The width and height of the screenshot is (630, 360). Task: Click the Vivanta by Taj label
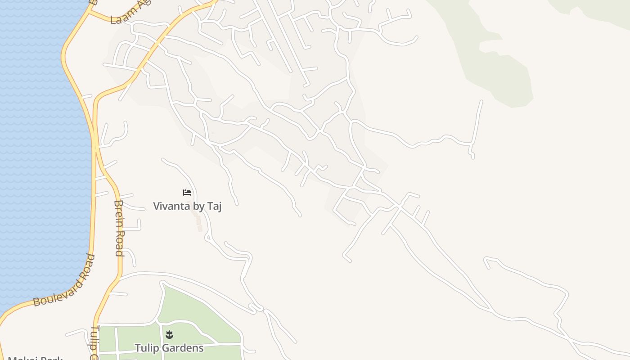(x=187, y=206)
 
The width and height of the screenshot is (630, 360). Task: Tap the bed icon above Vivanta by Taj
(x=187, y=193)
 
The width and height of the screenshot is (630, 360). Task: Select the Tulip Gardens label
(x=169, y=348)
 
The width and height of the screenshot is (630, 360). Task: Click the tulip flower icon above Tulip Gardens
(x=169, y=334)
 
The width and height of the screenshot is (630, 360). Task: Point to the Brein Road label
(x=119, y=228)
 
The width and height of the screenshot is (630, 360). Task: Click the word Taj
(x=214, y=206)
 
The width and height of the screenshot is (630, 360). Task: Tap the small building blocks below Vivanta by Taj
(x=198, y=223)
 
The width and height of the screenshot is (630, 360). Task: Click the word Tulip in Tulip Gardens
(x=147, y=348)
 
